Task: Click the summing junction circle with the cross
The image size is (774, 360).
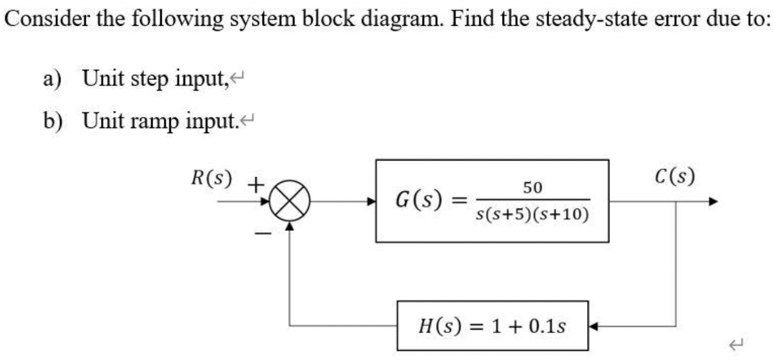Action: point(290,202)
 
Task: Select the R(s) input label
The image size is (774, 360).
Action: point(212,178)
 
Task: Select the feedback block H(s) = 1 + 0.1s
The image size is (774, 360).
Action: point(492,326)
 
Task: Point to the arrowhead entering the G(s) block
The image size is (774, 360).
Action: point(371,202)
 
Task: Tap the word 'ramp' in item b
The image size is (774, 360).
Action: point(156,121)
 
